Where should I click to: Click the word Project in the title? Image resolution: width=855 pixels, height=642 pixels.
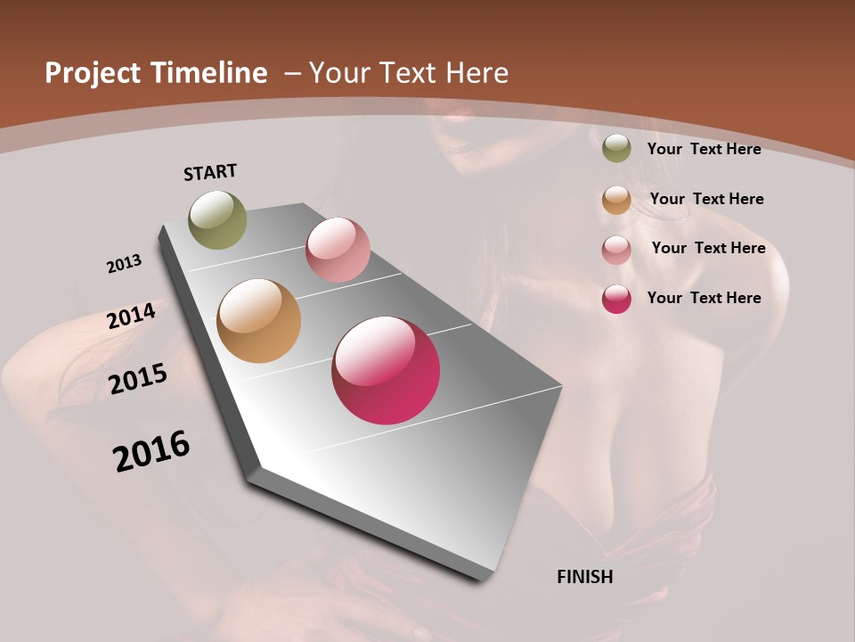click(x=94, y=73)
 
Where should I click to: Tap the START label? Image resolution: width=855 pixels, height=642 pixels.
click(x=210, y=172)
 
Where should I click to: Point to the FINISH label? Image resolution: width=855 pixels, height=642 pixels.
click(x=585, y=577)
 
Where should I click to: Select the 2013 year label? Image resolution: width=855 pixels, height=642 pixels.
click(x=125, y=264)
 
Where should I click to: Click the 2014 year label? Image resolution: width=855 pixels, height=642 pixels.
click(x=132, y=316)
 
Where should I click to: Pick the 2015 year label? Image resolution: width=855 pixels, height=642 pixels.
click(x=138, y=378)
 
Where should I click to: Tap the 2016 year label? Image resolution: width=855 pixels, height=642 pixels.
click(x=151, y=450)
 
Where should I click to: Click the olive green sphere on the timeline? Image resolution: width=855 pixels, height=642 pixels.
click(x=218, y=219)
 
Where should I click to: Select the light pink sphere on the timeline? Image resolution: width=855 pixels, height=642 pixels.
click(x=338, y=250)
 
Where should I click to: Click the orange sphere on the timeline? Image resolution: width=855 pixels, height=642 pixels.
click(x=259, y=321)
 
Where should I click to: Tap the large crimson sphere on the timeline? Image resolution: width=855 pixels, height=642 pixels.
click(x=386, y=370)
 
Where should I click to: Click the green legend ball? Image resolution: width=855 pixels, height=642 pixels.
click(x=616, y=149)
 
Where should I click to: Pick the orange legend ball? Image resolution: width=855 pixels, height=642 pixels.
click(x=616, y=200)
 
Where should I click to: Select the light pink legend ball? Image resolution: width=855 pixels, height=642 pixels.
click(x=616, y=250)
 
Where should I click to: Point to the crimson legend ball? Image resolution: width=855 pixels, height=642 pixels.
click(x=616, y=299)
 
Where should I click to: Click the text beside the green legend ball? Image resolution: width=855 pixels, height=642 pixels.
click(x=704, y=149)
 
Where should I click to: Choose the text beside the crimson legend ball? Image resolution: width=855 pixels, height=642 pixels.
click(x=704, y=298)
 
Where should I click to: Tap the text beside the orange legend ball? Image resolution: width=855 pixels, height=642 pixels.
click(x=706, y=199)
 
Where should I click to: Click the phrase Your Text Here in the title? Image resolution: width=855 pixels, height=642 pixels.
click(x=409, y=73)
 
